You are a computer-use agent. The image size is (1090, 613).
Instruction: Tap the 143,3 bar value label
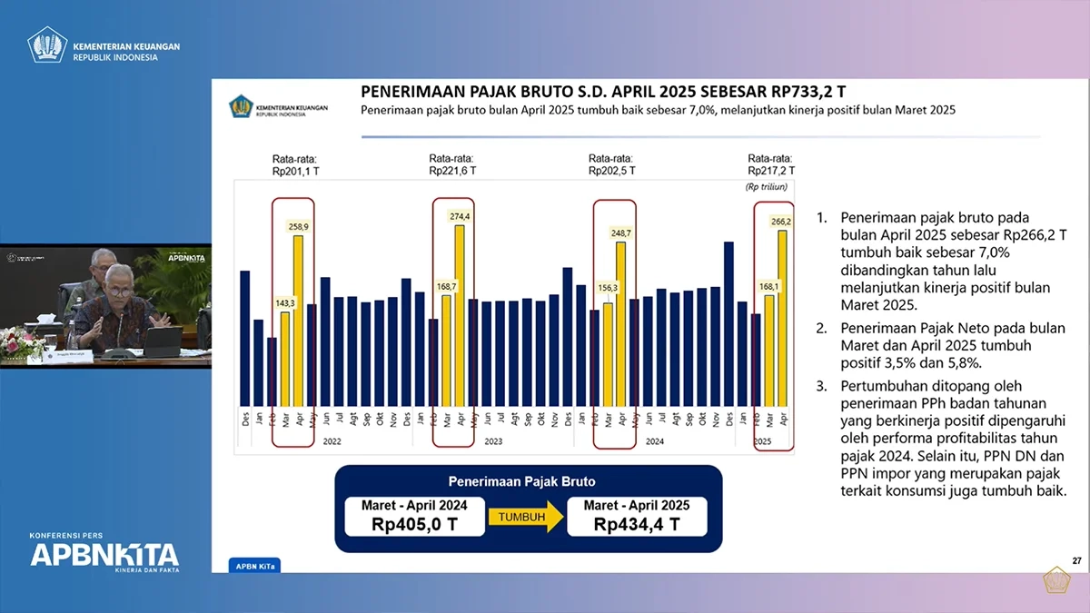(284, 302)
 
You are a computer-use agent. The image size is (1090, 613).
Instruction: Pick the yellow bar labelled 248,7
(621, 323)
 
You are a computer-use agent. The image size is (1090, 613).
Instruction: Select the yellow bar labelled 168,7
(446, 350)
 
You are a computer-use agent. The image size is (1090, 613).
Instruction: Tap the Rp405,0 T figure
(410, 524)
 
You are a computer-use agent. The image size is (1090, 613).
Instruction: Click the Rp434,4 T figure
(637, 524)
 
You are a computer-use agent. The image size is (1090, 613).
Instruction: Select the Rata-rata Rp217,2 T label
(770, 163)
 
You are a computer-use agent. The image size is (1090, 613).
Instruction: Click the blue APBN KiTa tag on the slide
(247, 566)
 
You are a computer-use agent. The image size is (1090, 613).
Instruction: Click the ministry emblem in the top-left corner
(47, 44)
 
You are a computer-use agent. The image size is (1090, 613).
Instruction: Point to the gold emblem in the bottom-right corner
(1056, 580)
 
